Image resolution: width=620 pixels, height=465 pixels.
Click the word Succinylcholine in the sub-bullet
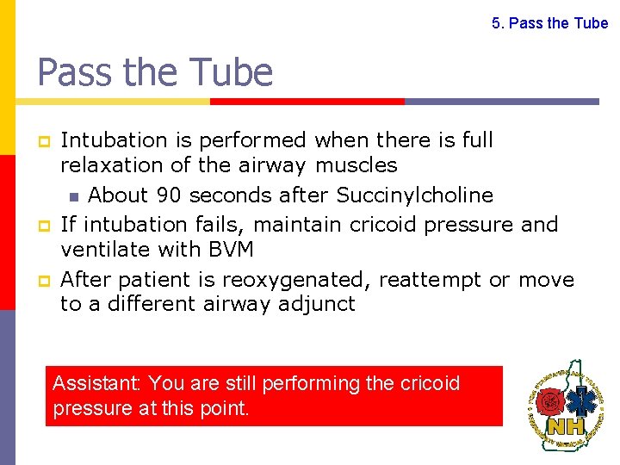(x=414, y=195)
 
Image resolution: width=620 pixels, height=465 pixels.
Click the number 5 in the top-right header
(x=496, y=23)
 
